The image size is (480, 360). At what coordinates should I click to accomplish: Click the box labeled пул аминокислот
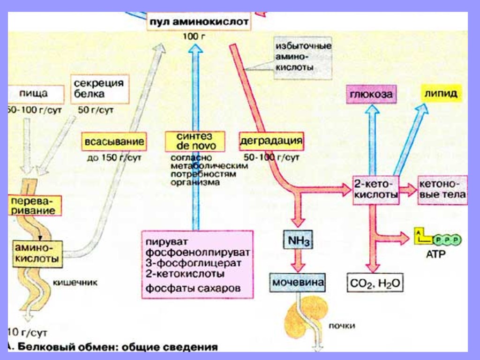point(199,22)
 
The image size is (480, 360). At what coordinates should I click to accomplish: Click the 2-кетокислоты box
point(375,189)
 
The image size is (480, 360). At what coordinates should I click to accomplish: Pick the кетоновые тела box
point(442,189)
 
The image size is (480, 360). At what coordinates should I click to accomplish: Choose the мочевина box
point(298,283)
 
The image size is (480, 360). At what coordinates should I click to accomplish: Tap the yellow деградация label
point(271,141)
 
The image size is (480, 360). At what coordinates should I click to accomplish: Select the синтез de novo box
point(195,141)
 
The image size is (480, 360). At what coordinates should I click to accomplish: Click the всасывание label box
point(113,142)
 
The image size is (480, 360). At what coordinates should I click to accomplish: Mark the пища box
point(34,93)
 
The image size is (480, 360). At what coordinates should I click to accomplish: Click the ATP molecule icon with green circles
point(437,240)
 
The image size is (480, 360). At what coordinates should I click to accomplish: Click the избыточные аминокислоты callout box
point(303,57)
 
